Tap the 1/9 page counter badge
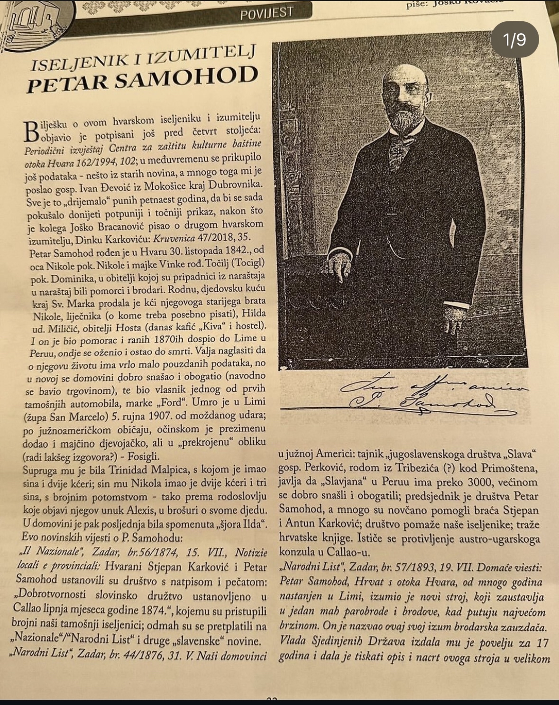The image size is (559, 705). click(x=515, y=39)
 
